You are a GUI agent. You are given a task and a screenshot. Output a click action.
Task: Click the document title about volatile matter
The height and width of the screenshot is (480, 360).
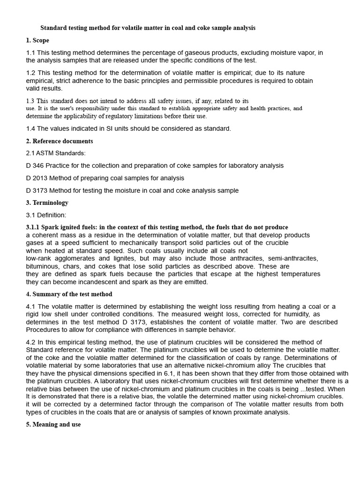(148, 28)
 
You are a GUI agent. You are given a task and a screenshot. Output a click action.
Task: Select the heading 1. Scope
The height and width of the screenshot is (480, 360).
(37, 40)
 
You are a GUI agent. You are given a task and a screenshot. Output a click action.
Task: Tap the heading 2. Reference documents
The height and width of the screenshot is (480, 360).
(60, 141)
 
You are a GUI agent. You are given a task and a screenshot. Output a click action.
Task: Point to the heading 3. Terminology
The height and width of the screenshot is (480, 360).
(47, 203)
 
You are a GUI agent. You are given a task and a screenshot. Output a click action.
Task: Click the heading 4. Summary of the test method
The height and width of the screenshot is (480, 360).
(69, 294)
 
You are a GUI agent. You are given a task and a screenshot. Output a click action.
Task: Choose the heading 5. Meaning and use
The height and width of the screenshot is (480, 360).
(53, 425)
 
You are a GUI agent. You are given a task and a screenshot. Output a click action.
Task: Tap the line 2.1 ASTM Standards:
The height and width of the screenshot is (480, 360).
(56, 153)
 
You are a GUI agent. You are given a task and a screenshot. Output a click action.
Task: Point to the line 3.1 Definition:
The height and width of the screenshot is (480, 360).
(46, 215)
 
